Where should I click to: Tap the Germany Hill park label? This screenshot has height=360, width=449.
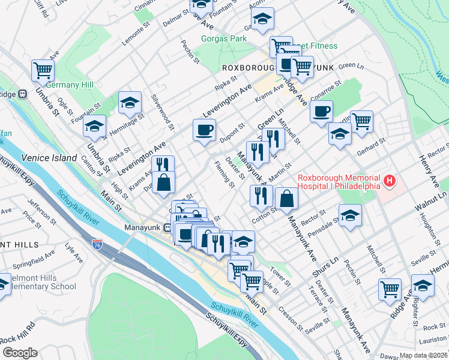(70, 85)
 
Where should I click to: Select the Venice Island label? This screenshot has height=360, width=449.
(49, 158)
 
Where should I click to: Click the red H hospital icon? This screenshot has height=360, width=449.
(390, 180)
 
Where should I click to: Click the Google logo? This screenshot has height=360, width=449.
(20, 353)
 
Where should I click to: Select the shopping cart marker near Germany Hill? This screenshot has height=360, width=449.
(43, 70)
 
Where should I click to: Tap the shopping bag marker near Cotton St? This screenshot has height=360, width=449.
(286, 197)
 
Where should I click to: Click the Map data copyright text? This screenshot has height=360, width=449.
(424, 355)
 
